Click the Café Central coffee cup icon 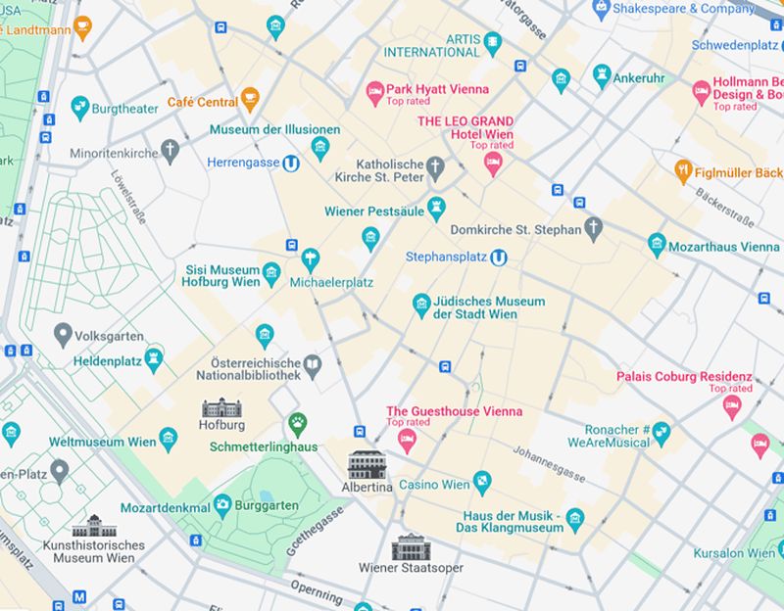tap(251, 98)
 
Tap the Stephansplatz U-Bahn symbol tap(500, 258)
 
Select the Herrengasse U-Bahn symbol tap(291, 163)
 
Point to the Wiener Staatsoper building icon tap(411, 547)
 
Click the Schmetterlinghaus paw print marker tap(297, 424)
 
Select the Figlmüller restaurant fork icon tap(684, 171)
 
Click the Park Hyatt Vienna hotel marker tap(374, 93)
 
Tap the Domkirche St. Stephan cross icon tap(593, 229)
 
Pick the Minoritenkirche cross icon tap(171, 151)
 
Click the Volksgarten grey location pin tap(64, 335)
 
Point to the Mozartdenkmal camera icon tap(223, 505)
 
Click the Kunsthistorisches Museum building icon tap(94, 526)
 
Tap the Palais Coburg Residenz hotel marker tap(731, 406)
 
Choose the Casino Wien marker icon tap(482, 481)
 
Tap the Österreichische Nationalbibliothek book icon tap(312, 366)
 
